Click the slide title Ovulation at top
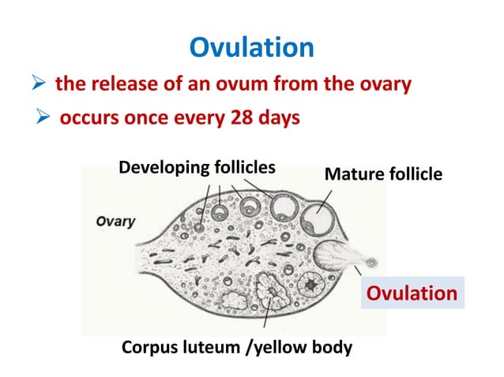tap(252, 48)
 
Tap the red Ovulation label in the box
tap(410, 293)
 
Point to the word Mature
tap(351, 174)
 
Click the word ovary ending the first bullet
tap(384, 84)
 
